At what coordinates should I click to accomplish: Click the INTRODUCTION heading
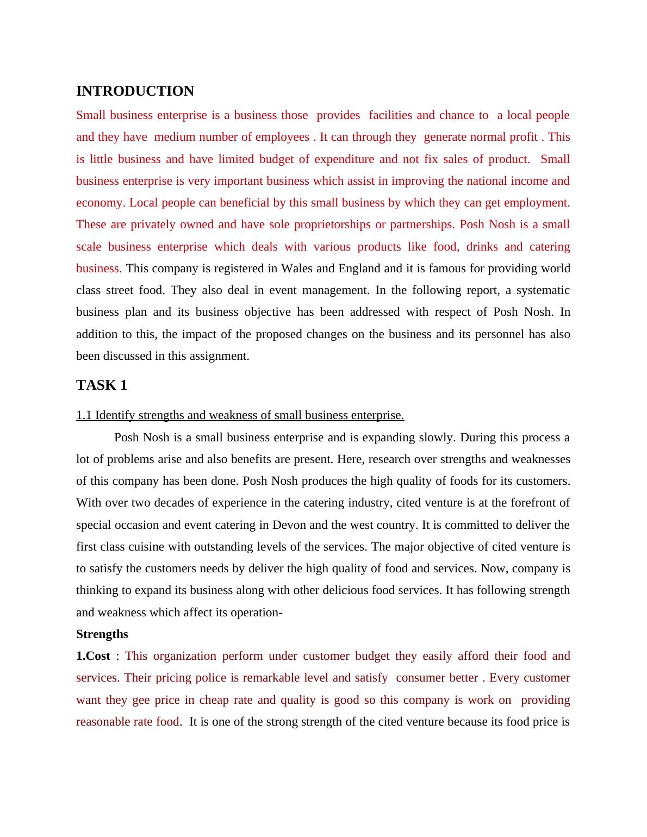pos(135,91)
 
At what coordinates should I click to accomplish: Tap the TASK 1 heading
pos(102,385)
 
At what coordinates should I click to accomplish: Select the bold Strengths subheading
pos(102,634)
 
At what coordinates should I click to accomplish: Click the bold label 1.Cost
pos(94,656)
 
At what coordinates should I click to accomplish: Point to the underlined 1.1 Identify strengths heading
pos(240,415)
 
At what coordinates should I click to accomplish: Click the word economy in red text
pos(100,203)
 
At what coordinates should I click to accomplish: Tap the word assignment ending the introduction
pos(220,356)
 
